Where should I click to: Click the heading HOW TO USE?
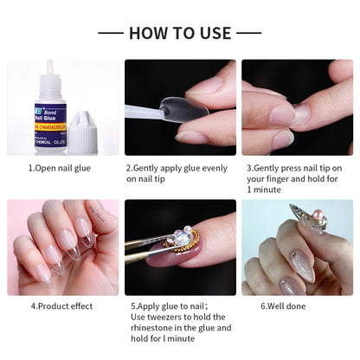click(x=180, y=33)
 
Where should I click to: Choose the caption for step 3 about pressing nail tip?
click(x=298, y=178)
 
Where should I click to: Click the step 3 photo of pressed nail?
click(x=298, y=107)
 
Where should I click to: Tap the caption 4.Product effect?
click(x=62, y=305)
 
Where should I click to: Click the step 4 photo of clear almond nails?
click(x=62, y=247)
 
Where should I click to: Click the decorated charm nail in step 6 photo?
click(x=308, y=220)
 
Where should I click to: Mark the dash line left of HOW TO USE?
click(x=110, y=33)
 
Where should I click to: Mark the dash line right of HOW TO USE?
click(x=249, y=33)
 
